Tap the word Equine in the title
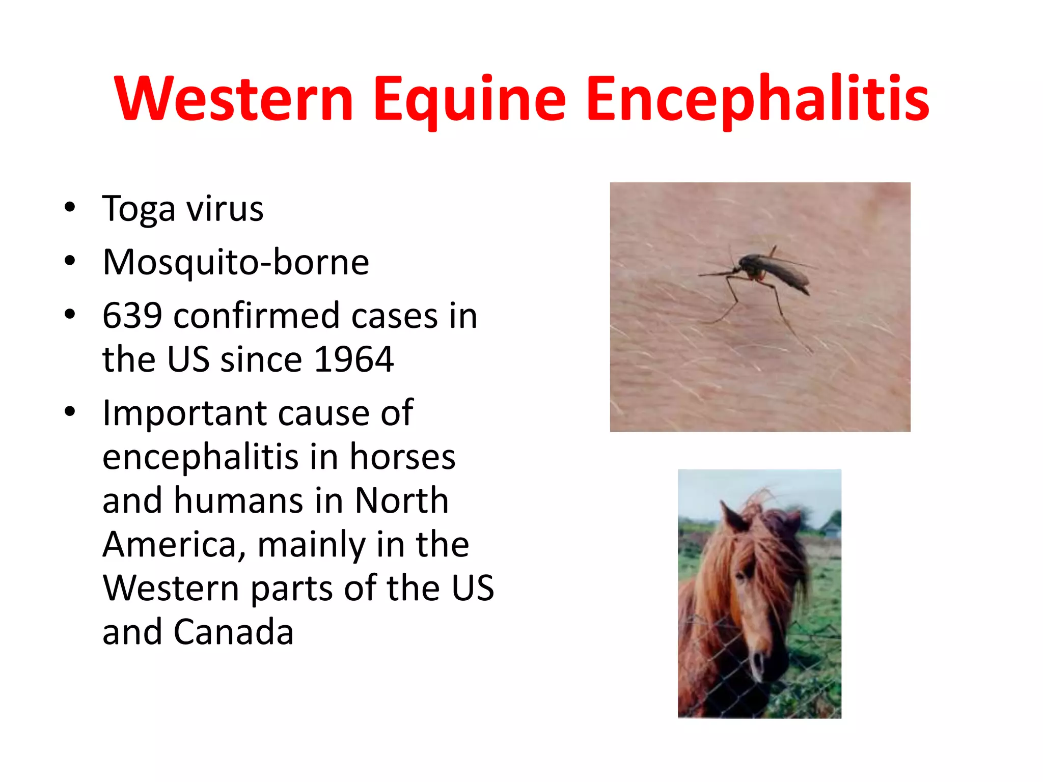click(469, 99)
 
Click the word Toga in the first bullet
click(139, 209)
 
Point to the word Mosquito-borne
click(236, 262)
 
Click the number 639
click(132, 316)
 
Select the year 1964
click(354, 359)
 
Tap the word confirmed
click(257, 316)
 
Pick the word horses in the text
click(402, 456)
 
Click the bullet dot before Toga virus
click(70, 207)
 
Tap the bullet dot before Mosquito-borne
click(70, 261)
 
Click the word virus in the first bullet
click(225, 209)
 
